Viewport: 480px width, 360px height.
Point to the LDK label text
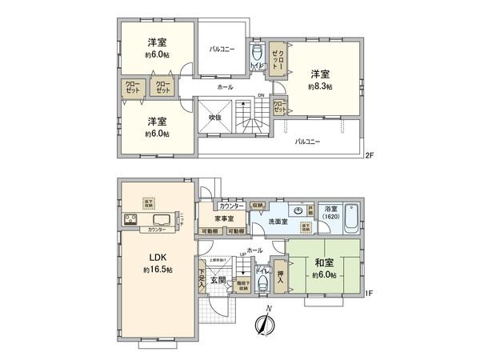pyautogui.click(x=156, y=258)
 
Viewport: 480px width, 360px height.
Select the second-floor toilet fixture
pyautogui.click(x=256, y=54)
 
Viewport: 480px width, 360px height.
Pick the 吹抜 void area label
pyautogui.click(x=214, y=118)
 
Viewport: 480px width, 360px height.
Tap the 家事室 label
pyautogui.click(x=224, y=218)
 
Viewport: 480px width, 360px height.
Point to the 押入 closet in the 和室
pyautogui.click(x=280, y=270)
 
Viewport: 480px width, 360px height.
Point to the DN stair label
pyautogui.click(x=260, y=98)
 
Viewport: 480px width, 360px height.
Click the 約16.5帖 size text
pyautogui.click(x=156, y=271)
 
